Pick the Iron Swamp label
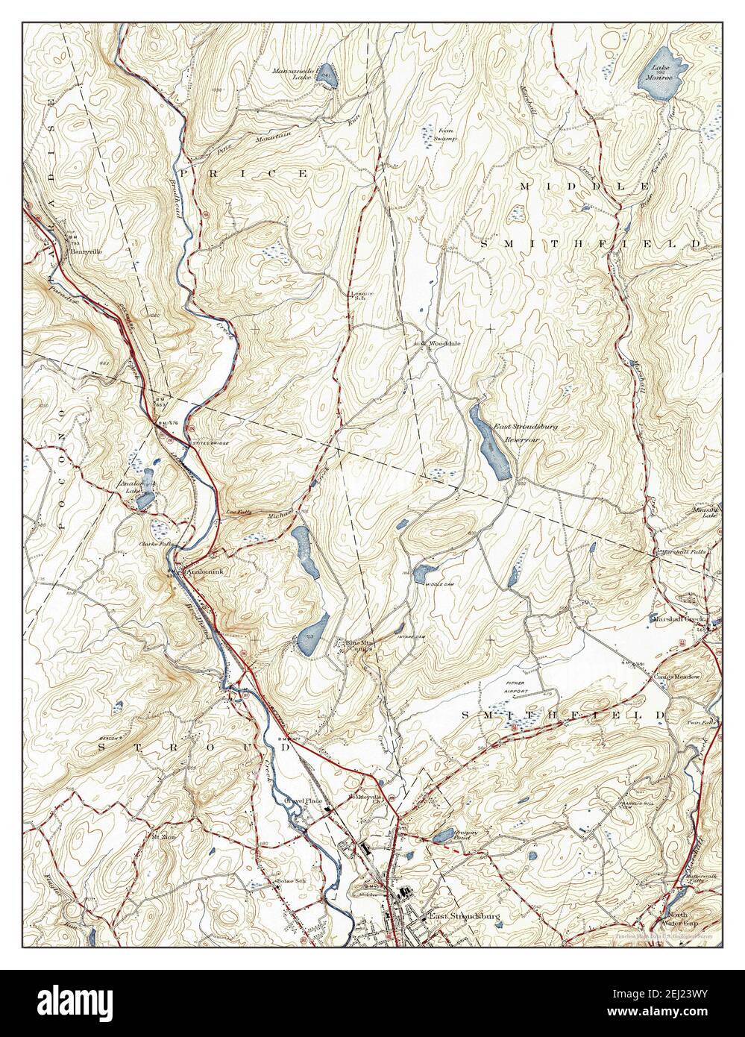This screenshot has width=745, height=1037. point(445,134)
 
